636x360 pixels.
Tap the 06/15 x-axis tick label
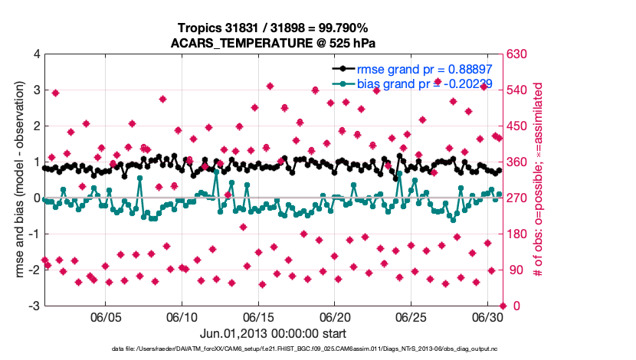click(x=259, y=316)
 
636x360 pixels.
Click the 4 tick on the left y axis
click(x=36, y=54)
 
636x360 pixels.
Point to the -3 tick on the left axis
click(x=34, y=306)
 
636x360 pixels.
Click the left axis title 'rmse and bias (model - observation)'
click(x=17, y=180)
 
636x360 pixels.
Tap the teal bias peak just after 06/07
click(x=139, y=178)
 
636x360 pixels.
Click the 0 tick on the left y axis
click(x=36, y=198)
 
